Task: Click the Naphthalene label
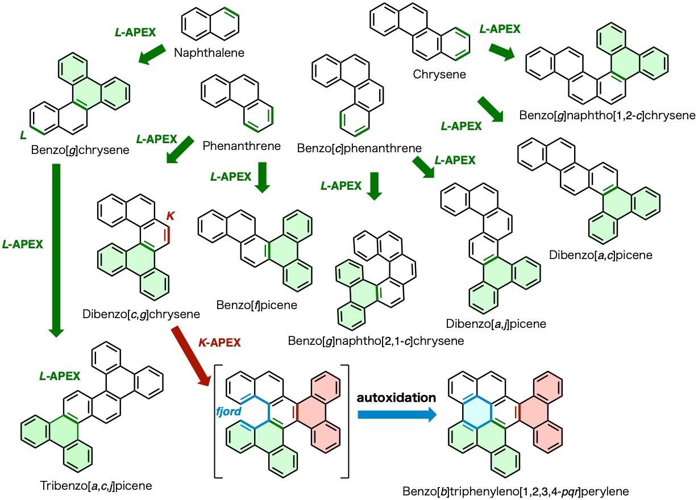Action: (x=209, y=53)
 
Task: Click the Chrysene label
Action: (x=439, y=74)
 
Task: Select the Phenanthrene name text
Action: (x=242, y=146)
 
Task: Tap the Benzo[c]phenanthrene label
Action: (x=359, y=148)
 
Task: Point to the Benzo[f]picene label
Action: (x=256, y=305)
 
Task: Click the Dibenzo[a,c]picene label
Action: (x=600, y=255)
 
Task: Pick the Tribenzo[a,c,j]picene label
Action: (x=96, y=486)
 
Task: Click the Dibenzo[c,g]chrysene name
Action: (x=141, y=314)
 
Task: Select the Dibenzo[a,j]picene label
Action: (x=496, y=324)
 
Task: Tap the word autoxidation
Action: (x=396, y=398)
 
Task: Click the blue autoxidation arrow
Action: (x=397, y=415)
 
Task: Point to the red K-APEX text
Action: (x=219, y=343)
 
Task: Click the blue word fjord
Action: (x=228, y=411)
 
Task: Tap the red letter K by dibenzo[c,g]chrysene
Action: (x=170, y=215)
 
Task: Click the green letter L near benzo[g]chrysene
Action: (x=23, y=135)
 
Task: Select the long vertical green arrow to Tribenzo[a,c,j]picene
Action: (x=56, y=251)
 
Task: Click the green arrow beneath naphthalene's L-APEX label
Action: (x=152, y=54)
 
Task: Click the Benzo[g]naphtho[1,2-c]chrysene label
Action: (x=607, y=115)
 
